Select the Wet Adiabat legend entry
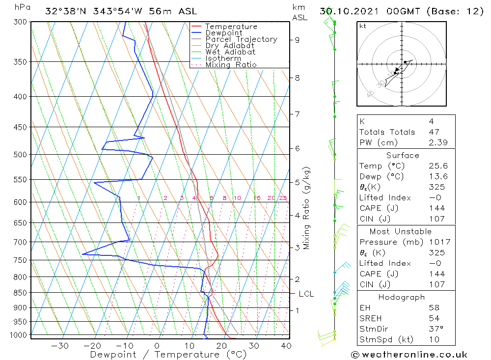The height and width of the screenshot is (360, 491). tap(230, 52)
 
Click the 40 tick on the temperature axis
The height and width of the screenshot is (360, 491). tap(286, 346)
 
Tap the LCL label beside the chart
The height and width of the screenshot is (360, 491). tap(306, 294)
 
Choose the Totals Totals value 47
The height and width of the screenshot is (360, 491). tap(434, 132)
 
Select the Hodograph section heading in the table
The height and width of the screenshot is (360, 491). tap(401, 297)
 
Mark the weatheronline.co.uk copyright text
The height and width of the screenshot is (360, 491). tap(409, 355)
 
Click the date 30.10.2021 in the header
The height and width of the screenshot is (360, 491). tap(348, 11)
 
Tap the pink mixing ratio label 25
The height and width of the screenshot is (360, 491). tap(283, 198)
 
